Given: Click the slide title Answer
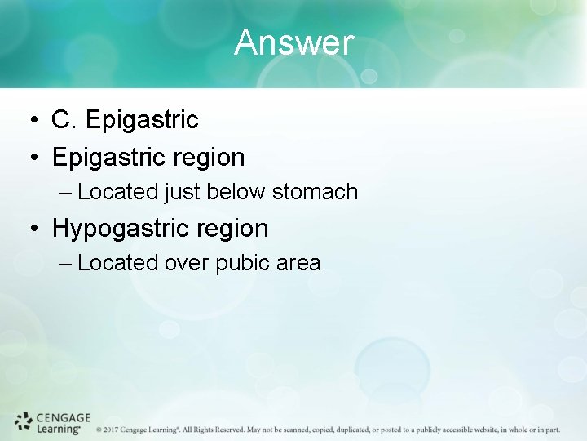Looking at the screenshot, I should coord(293,42).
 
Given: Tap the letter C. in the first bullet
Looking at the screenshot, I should coord(64,120).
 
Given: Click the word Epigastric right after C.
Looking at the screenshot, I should coord(141,120).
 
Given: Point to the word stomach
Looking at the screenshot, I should coord(315,192).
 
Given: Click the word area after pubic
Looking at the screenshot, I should coord(298,263).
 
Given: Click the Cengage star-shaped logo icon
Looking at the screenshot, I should coord(24,421).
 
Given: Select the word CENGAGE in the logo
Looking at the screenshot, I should coord(64,417).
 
